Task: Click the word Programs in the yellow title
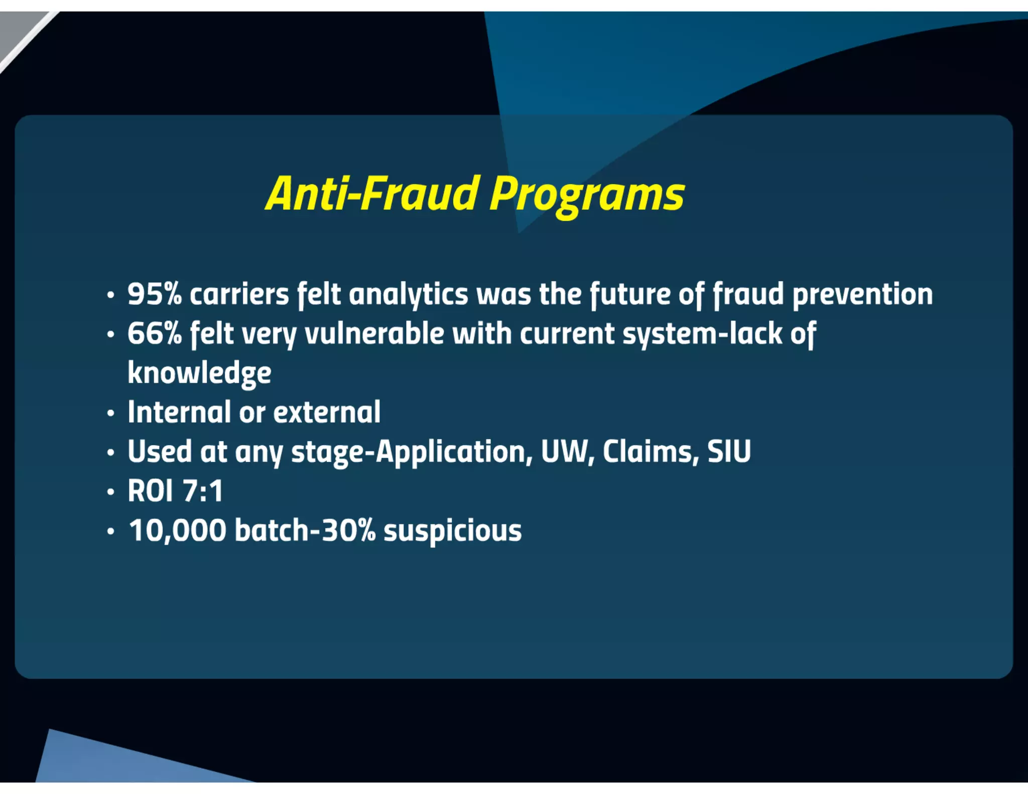(x=587, y=194)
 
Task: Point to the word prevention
(x=862, y=295)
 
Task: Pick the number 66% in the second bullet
(x=154, y=333)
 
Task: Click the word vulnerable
(x=374, y=333)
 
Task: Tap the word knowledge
(x=199, y=373)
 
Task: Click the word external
(x=327, y=412)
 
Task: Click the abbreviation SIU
(x=729, y=451)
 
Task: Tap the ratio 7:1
(x=203, y=491)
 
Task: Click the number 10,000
(x=178, y=531)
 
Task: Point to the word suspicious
(x=452, y=531)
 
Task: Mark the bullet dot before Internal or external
(x=111, y=414)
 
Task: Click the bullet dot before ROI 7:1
(x=111, y=492)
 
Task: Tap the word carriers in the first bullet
(x=239, y=295)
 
